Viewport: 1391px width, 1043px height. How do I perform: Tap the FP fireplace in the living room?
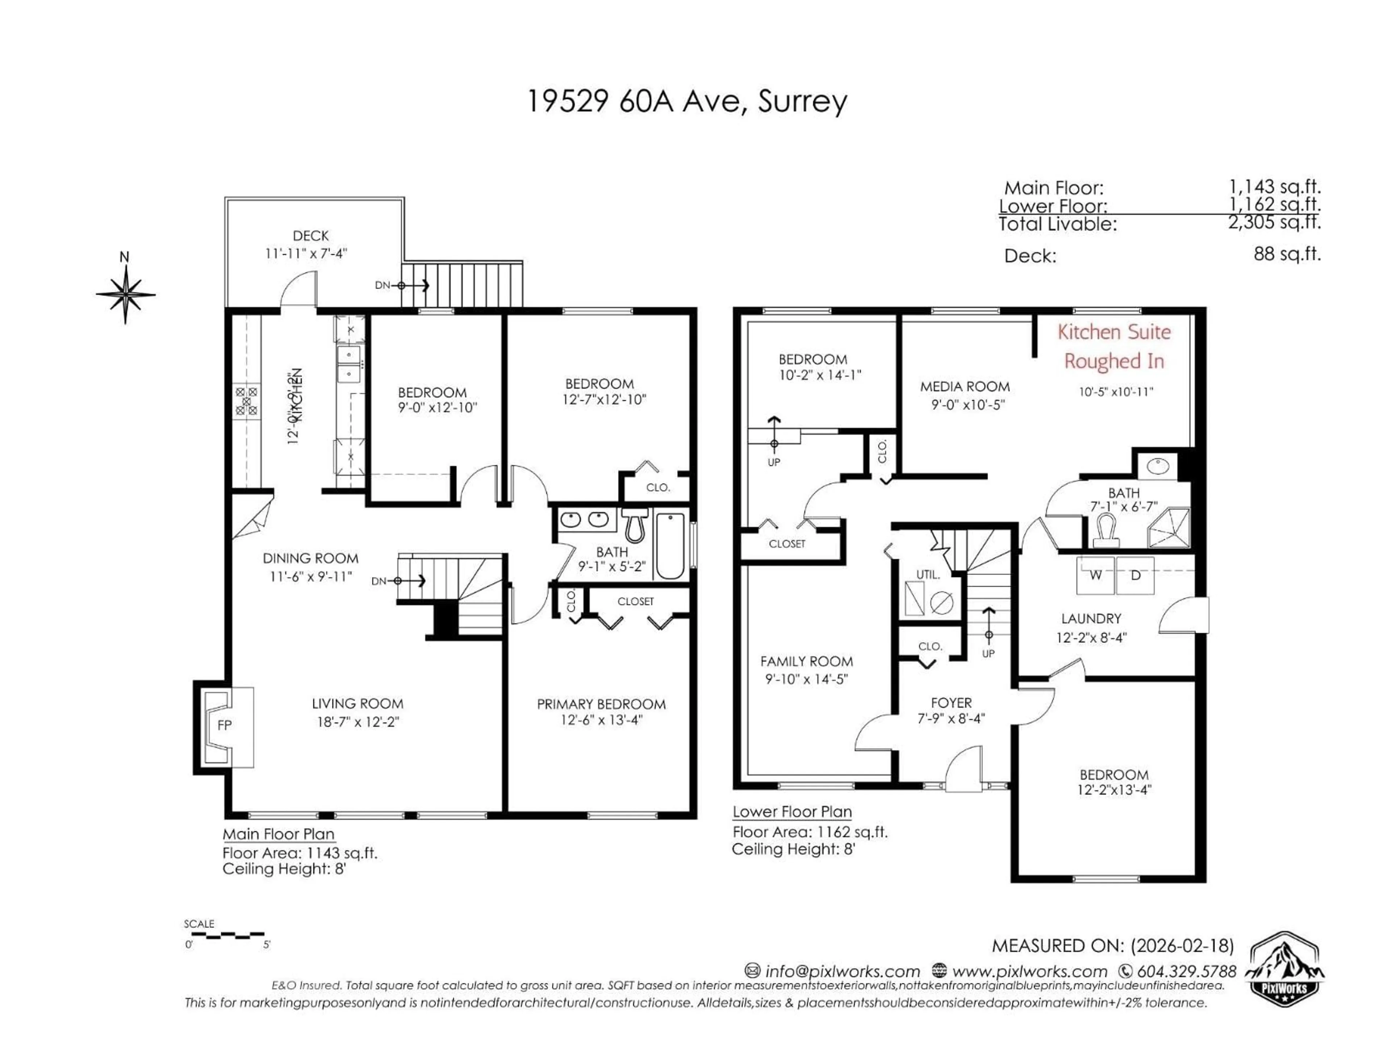pyautogui.click(x=225, y=725)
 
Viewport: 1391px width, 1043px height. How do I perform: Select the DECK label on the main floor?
pyautogui.click(x=311, y=236)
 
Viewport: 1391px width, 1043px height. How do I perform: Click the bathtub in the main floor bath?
pyautogui.click(x=671, y=546)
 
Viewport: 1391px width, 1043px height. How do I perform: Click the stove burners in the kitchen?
pyautogui.click(x=247, y=401)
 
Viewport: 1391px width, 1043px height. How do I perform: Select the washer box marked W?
pyautogui.click(x=1095, y=575)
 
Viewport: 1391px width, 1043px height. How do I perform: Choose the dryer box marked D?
pyautogui.click(x=1135, y=575)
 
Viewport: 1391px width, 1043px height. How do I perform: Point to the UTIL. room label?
pyautogui.click(x=928, y=575)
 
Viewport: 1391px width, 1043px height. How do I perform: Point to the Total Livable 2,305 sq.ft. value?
pyautogui.click(x=1275, y=222)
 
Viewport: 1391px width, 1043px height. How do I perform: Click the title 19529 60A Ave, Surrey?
pyautogui.click(x=687, y=101)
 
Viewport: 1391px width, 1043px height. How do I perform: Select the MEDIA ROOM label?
pyautogui.click(x=965, y=387)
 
